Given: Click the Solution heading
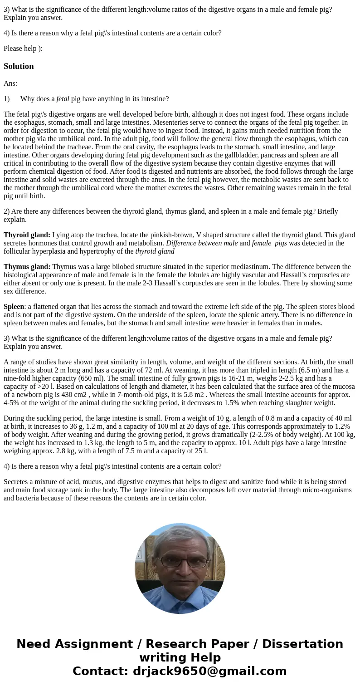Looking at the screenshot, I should (19, 66).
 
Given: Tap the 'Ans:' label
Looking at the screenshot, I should (10, 83).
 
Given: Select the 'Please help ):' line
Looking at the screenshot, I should (23, 49).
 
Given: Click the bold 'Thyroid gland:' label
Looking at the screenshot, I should (27, 235).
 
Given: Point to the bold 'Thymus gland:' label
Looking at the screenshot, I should (27, 267).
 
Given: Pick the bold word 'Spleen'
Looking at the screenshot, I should (14, 307).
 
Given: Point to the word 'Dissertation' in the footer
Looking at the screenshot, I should (302, 644).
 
